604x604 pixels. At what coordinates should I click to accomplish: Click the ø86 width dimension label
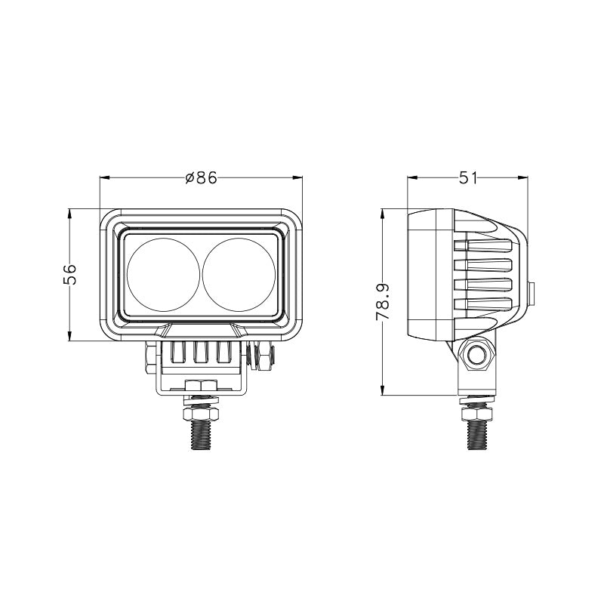[201, 178]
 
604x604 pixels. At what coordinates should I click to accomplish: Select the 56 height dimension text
[69, 274]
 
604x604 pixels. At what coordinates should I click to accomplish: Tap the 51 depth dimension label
[468, 178]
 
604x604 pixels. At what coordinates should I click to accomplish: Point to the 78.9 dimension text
[383, 301]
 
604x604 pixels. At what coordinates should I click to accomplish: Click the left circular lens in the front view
[163, 275]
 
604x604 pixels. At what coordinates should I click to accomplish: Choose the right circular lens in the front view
[239, 275]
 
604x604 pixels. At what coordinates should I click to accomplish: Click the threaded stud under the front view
[201, 435]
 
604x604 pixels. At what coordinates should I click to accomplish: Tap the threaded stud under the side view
[478, 435]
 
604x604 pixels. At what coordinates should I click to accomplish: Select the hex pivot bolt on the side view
[476, 354]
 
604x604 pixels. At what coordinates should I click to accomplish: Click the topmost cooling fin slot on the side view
[483, 246]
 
